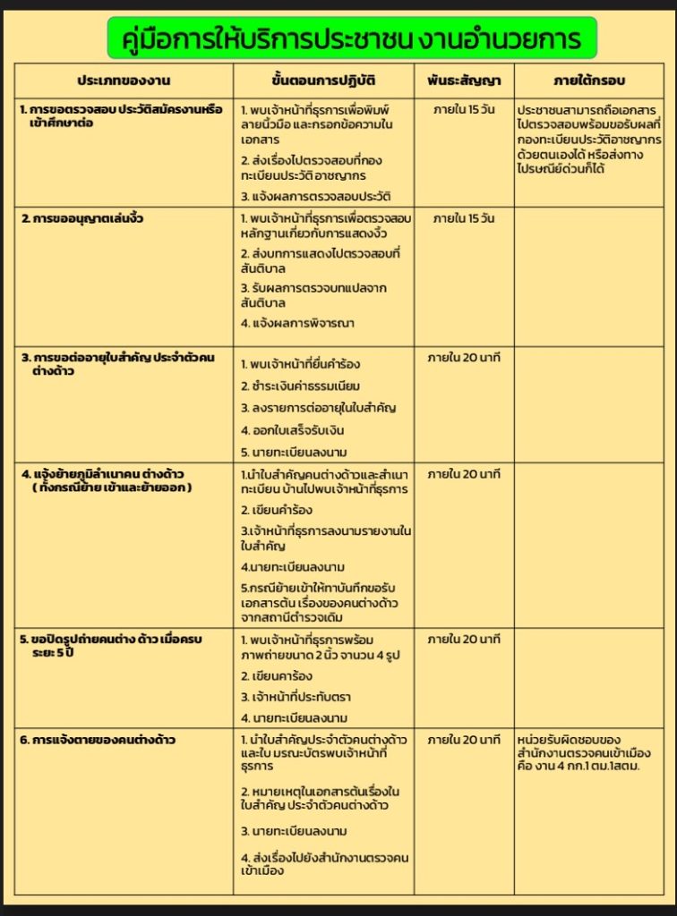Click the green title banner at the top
[351, 38]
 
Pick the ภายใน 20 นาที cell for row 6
[463, 741]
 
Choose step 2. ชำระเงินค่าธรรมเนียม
[300, 386]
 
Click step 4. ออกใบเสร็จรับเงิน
[293, 430]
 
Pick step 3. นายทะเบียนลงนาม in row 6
[294, 832]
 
